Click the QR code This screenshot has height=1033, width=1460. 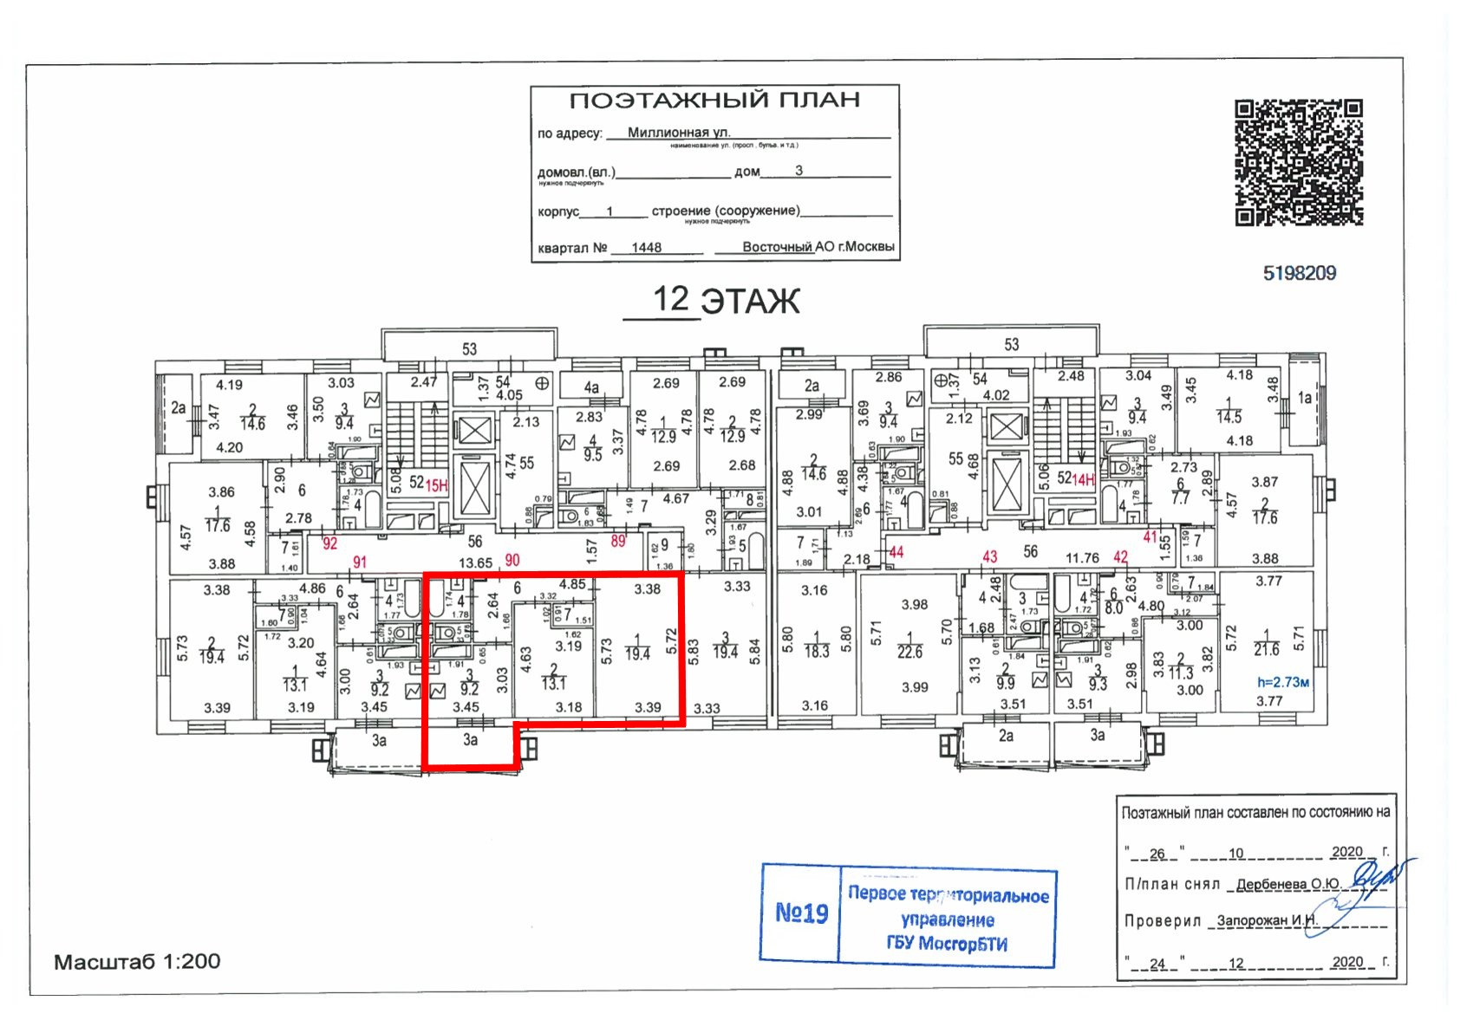point(1298,163)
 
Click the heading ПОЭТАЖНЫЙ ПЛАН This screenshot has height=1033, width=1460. point(714,101)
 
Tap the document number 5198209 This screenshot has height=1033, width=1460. point(1299,274)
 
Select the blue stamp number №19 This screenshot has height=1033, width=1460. point(801,913)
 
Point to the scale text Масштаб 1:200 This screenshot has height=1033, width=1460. point(137,961)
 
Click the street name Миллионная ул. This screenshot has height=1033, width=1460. point(679,133)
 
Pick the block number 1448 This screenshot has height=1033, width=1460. point(646,248)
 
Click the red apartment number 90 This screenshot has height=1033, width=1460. point(512,561)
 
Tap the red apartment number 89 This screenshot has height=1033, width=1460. point(618,542)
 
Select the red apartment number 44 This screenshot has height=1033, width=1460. point(896,552)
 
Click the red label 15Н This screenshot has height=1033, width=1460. point(436,485)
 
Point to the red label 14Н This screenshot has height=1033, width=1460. point(1084,479)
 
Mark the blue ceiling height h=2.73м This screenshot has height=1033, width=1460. point(1283,682)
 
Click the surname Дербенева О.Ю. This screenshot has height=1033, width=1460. point(1287,884)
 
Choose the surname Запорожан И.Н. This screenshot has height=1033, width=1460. point(1267,920)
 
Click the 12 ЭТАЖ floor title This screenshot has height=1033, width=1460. point(725,300)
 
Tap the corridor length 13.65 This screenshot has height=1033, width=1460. point(475,562)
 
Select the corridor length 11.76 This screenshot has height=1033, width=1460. point(1081,558)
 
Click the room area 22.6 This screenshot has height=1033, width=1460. point(909,652)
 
